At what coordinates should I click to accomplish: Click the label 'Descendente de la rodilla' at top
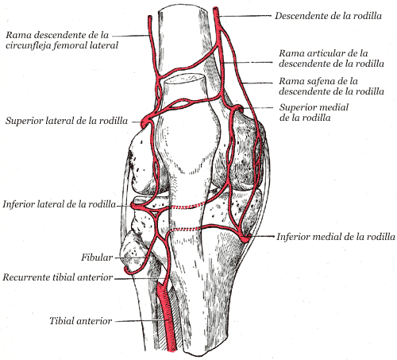(328, 16)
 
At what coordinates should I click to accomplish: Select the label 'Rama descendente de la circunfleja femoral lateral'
(62, 40)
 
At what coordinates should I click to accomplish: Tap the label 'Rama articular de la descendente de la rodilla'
(331, 58)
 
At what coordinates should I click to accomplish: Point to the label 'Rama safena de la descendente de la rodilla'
(331, 86)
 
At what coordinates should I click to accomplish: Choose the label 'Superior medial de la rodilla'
(314, 112)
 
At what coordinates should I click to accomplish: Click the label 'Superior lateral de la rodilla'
(67, 121)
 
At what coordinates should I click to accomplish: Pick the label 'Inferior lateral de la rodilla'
(60, 204)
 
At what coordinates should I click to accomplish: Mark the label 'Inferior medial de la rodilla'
(336, 237)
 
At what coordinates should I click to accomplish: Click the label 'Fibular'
(97, 257)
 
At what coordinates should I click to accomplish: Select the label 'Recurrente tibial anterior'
(58, 277)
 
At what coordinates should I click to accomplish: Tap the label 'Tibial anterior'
(81, 321)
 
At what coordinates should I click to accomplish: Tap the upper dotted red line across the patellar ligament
(187, 206)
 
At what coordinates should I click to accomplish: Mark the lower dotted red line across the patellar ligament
(186, 229)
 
